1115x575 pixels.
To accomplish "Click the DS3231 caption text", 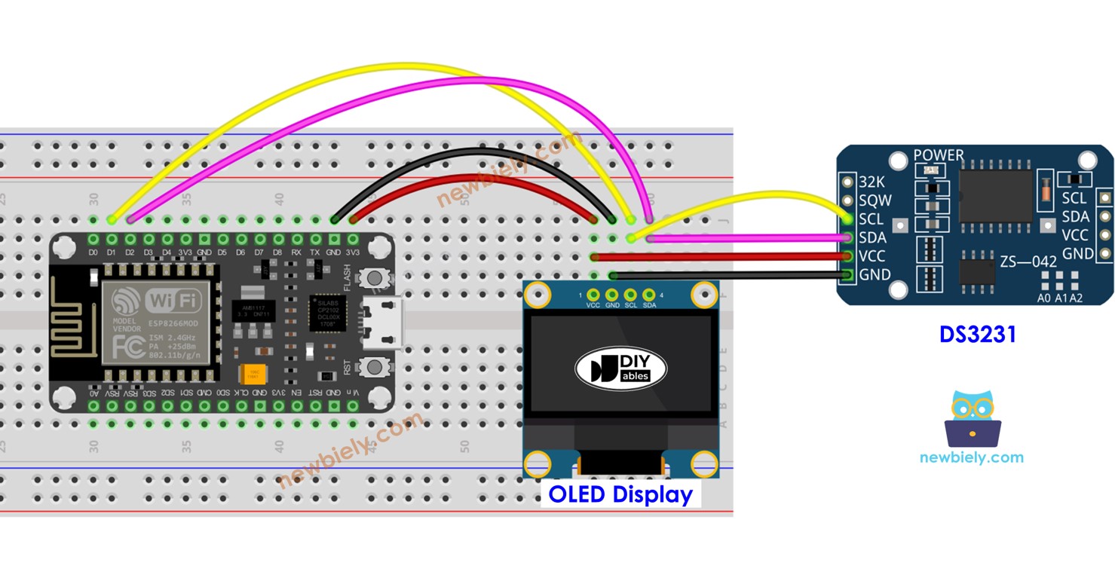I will coord(977,334).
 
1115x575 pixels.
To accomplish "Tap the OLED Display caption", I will coord(620,494).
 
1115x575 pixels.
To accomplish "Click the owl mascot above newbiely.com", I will coord(972,419).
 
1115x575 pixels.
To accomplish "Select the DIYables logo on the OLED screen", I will coord(621,368).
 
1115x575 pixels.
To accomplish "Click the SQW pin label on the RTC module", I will coord(875,200).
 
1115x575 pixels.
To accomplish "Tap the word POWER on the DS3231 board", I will coord(938,155).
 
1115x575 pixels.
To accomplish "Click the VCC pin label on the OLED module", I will coord(593,305).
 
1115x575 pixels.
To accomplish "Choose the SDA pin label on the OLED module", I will coord(649,305).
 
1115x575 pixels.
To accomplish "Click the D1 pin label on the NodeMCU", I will coord(112,252).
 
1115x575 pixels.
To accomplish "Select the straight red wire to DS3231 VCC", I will coord(724,256).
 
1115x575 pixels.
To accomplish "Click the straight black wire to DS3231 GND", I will coord(724,275).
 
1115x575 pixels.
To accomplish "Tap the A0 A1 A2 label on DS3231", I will coord(1059,298).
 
